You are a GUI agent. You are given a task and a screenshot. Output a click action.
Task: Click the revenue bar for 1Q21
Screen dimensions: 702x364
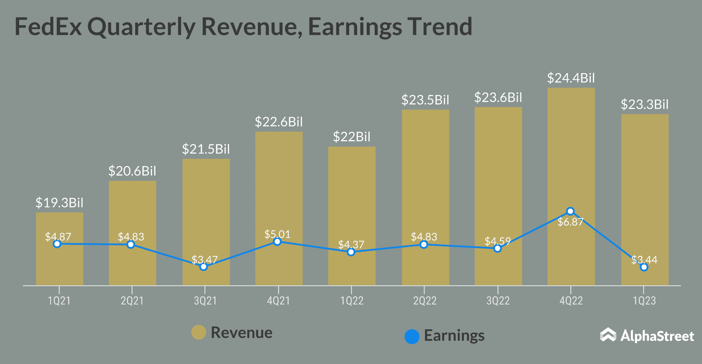(x=60, y=249)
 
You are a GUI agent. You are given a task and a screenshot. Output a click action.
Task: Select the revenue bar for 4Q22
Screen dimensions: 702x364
(x=571, y=187)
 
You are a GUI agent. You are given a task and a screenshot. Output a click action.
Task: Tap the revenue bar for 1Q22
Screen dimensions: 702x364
(x=352, y=216)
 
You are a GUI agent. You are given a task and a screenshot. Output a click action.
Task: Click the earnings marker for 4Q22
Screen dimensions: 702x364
(x=570, y=211)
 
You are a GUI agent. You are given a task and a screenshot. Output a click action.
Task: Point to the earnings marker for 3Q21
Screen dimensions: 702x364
(x=204, y=267)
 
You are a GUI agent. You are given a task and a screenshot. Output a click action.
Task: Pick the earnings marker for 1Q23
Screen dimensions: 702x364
(x=644, y=267)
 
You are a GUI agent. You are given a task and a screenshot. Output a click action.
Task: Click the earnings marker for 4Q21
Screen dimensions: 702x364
(x=278, y=242)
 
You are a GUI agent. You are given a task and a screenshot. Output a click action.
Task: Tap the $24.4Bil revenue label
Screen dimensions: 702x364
(x=571, y=78)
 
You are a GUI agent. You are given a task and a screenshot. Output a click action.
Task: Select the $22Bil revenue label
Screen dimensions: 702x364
(x=351, y=137)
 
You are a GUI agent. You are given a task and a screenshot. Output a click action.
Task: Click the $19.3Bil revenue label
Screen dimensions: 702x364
(x=59, y=203)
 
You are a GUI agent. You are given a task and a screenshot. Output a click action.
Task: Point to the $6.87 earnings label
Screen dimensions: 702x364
(x=570, y=222)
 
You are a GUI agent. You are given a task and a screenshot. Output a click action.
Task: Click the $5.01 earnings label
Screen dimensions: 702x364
(x=278, y=234)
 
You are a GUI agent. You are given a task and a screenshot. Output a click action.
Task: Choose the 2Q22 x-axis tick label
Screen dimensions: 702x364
(x=425, y=301)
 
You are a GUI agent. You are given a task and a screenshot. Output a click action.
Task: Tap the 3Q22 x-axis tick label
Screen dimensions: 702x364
(x=498, y=301)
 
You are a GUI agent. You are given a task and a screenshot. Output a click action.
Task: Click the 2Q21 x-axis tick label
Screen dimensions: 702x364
(x=132, y=301)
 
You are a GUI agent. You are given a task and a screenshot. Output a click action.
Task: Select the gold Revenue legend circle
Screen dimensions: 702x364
(x=199, y=332)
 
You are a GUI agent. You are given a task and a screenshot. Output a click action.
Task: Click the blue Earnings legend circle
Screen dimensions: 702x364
(x=412, y=337)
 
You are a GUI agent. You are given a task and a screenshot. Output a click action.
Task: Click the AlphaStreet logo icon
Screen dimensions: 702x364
(x=608, y=335)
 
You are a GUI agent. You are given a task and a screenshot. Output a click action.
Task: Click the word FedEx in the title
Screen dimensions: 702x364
(x=48, y=27)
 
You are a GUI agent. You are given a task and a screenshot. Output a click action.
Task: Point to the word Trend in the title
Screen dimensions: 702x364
(x=439, y=27)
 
